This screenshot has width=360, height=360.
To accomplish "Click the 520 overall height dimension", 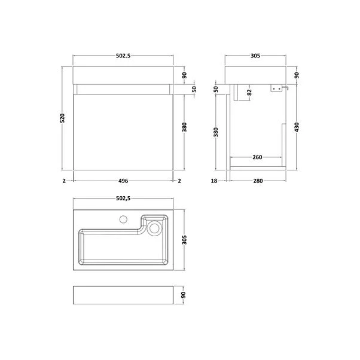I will [62, 119].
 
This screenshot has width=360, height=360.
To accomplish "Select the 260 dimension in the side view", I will [257, 158].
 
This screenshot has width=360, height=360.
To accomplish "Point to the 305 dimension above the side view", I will [255, 56].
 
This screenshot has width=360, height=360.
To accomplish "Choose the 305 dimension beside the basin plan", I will [185, 239].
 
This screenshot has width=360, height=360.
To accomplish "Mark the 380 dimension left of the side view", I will [216, 132].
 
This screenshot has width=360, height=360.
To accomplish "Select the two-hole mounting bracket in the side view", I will [276, 89].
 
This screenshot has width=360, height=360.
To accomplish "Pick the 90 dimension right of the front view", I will [185, 75].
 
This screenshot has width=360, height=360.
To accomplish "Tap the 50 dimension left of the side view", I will [216, 89].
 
